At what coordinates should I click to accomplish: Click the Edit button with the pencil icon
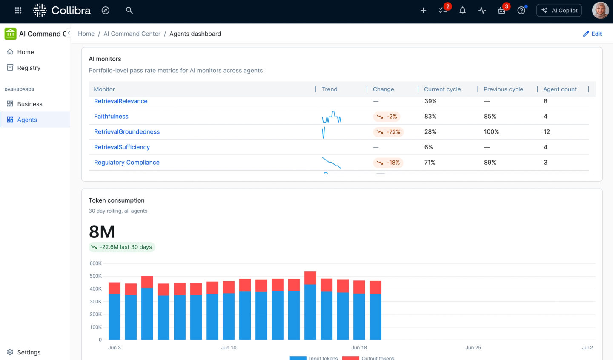592,34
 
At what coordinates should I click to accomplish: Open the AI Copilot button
559,10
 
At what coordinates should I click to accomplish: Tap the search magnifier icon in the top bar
129,10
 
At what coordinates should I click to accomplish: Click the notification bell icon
462,10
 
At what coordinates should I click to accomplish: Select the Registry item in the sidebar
29,68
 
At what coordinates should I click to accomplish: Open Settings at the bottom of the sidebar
29,352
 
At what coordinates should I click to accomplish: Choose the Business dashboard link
29,104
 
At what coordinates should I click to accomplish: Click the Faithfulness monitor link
111,116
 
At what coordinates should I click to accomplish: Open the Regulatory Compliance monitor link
127,162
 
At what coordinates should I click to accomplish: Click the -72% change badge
388,132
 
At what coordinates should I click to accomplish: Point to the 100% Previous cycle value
491,131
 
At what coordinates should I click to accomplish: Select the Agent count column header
560,89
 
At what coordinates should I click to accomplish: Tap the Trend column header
329,89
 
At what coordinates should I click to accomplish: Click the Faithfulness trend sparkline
331,117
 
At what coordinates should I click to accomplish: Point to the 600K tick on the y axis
95,263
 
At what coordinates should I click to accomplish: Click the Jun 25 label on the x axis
473,347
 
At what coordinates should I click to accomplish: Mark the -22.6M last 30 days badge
122,247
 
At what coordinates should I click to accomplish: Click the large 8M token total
102,232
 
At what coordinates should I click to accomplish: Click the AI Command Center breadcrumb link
132,34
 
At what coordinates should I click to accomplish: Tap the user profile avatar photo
600,10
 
